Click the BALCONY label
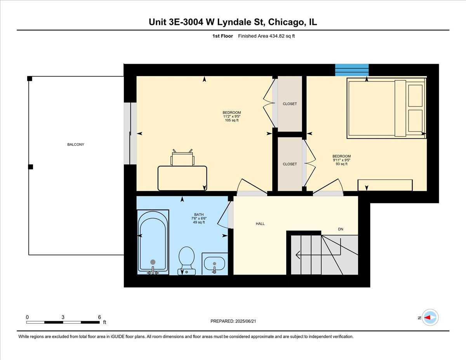(76, 144)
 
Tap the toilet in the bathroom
(186, 259)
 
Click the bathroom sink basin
(214, 264)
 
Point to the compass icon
(430, 318)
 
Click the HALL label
(260, 224)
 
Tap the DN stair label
(341, 229)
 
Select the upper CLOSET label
(290, 104)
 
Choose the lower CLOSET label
(290, 164)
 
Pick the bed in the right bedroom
(386, 108)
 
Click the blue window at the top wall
(352, 70)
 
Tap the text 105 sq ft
(232, 120)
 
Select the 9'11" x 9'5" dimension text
(342, 160)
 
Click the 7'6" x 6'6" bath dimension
(198, 218)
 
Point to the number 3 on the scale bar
(63, 317)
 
